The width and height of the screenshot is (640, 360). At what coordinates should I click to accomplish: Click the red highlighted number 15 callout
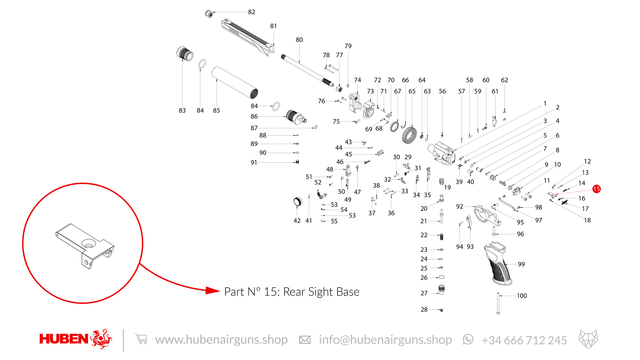pos(596,189)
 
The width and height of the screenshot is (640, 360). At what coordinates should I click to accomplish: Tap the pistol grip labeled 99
pos(498,263)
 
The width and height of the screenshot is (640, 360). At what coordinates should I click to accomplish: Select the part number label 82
pos(252,12)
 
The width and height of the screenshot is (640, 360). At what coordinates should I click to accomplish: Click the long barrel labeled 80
pos(308,71)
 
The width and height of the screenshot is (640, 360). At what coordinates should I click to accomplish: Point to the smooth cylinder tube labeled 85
pos(235,83)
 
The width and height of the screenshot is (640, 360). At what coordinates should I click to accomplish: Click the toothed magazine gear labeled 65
pos(409,135)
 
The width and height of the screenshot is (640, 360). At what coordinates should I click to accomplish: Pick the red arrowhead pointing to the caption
pos(213,290)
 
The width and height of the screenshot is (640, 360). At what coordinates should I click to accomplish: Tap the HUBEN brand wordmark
pos(64,339)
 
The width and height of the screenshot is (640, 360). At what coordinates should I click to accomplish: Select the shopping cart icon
pos(141,339)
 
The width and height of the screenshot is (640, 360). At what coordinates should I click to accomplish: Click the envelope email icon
pos(305,340)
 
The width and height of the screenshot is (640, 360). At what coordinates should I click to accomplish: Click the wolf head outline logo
pos(588,339)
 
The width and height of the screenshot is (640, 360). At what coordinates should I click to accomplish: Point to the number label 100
pos(522,296)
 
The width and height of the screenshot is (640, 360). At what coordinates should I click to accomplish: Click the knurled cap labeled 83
pos(185,54)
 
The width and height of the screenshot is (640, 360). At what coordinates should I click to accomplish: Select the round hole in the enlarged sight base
pos(88,244)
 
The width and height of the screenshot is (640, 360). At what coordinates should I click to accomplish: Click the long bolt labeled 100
pos(498,303)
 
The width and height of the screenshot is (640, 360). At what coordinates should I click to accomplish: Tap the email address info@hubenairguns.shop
pos(385,340)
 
